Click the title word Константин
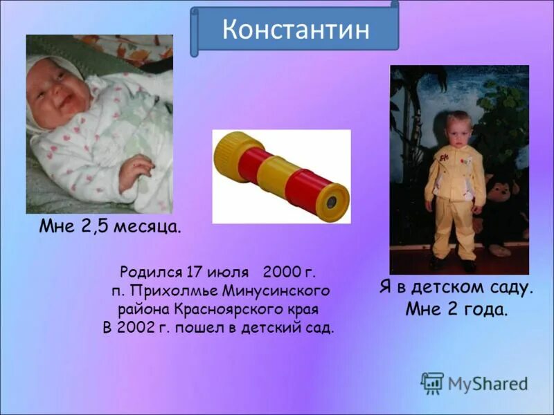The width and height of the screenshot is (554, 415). point(295,29)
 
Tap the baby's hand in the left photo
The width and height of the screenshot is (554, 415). point(134,170)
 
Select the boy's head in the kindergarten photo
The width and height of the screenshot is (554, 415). point(458,129)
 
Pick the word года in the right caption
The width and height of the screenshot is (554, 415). point(484,309)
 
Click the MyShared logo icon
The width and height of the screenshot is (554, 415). point(432,382)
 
